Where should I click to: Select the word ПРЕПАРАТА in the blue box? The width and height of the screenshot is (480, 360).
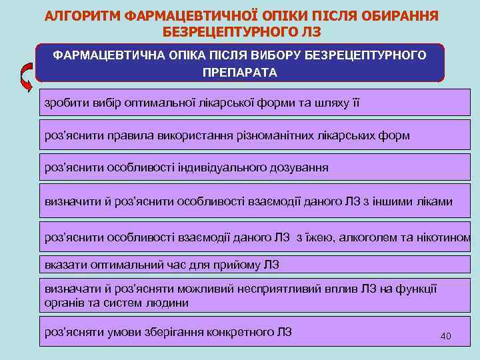pyautogui.click(x=240, y=72)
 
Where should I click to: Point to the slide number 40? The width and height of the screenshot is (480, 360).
pyautogui.click(x=446, y=336)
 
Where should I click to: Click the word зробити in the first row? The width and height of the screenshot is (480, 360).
pyautogui.click(x=65, y=103)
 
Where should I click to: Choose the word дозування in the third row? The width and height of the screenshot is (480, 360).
pyautogui.click(x=299, y=167)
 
